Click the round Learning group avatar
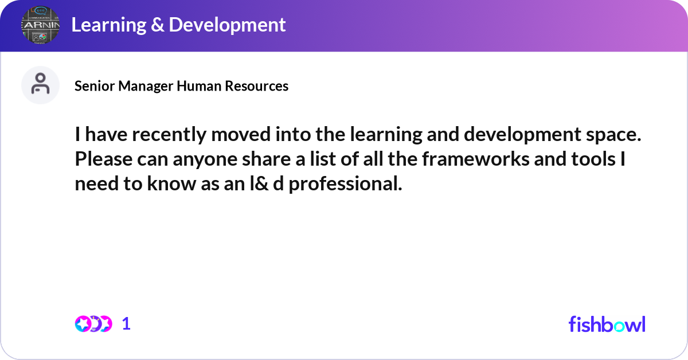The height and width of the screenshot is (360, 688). (40, 25)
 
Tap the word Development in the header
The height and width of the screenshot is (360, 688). (227, 25)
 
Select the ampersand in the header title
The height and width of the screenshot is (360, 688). (157, 25)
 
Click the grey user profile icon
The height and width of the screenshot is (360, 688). (40, 85)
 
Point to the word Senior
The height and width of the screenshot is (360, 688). (95, 86)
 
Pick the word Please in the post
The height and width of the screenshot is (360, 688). (104, 159)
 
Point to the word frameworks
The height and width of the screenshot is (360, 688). (475, 159)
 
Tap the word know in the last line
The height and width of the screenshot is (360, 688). (171, 183)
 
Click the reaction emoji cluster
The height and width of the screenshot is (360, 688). (93, 324)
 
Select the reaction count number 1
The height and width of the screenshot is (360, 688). (126, 324)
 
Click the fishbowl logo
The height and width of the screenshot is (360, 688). (607, 324)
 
